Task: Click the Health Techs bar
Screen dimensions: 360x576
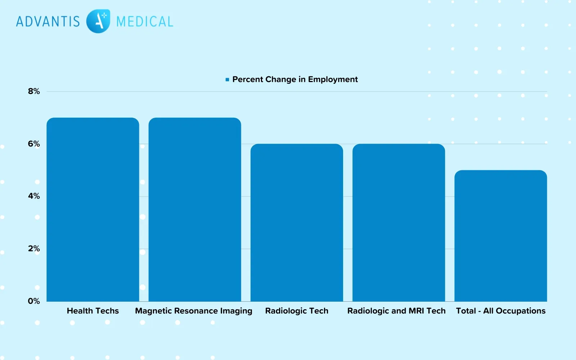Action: coord(93,210)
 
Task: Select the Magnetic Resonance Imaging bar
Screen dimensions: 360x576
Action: coord(195,210)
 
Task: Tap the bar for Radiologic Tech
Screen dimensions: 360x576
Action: coord(297,222)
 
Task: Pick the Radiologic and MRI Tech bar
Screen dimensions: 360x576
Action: coord(399,222)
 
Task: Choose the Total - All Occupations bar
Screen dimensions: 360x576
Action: coord(500,236)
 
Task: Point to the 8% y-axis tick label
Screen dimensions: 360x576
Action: coord(34,91)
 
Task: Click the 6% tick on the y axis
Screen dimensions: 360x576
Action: coord(34,144)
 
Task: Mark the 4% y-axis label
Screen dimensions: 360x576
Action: coord(34,196)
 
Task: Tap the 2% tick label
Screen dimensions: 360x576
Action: coord(34,249)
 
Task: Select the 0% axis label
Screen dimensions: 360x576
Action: coord(34,301)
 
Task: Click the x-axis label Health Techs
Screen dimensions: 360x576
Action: coord(93,311)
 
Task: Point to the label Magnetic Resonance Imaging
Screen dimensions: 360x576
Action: coord(194,311)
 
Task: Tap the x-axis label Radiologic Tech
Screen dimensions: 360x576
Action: coord(297,311)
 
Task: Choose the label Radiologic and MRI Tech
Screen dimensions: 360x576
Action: coord(396,311)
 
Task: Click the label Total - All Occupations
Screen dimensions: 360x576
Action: coord(500,311)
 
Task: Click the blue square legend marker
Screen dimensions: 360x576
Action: coord(227,80)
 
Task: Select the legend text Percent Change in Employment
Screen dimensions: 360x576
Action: coord(295,80)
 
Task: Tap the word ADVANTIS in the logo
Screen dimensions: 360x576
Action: coord(48,22)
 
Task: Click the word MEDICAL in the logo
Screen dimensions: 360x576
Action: coord(145,22)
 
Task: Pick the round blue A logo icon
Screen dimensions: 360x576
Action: coord(98,21)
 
